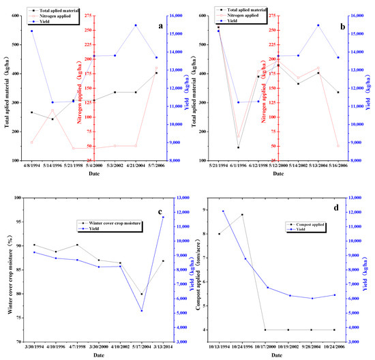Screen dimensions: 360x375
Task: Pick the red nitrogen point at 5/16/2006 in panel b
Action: pos(338,146)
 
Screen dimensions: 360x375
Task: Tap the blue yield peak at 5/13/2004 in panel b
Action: pos(318,25)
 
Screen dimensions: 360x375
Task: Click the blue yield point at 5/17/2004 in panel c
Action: pos(142,311)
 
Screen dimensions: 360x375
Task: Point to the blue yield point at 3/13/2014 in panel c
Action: pos(162,217)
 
